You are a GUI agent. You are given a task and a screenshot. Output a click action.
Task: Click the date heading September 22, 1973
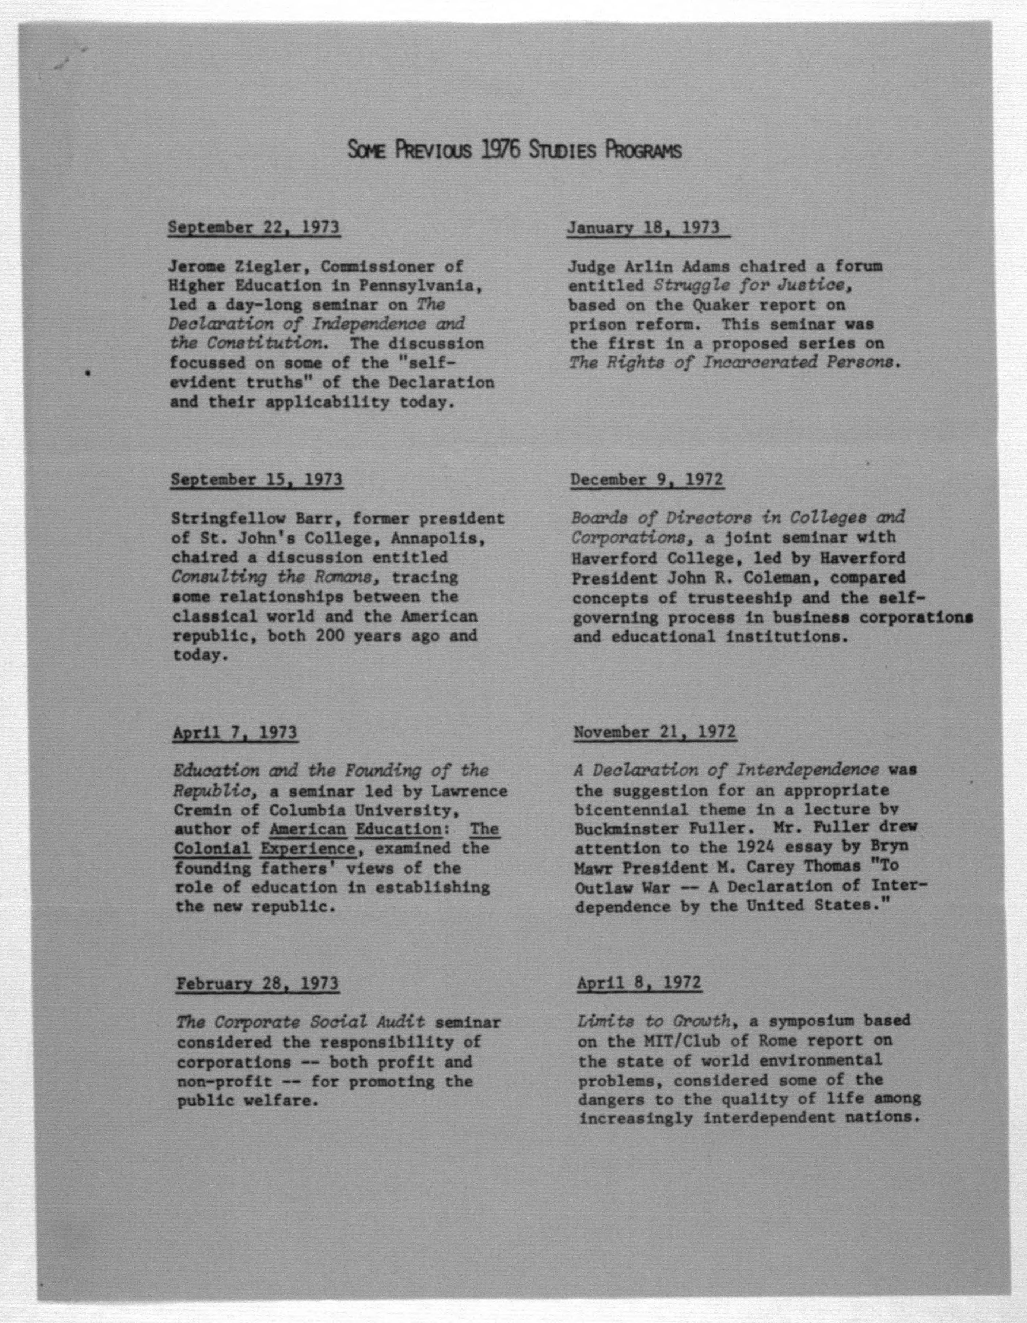253,228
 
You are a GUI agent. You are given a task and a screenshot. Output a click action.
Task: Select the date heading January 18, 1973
643,228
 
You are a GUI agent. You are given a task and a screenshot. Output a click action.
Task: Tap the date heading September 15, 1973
256,480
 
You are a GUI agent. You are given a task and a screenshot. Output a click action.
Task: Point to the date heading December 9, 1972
647,480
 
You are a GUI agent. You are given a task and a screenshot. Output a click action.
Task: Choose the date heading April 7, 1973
235,733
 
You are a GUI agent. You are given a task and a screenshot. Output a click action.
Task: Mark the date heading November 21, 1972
655,733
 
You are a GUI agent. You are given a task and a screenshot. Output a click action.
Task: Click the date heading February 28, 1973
258,983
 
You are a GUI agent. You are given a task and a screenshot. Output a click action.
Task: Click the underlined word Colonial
212,849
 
